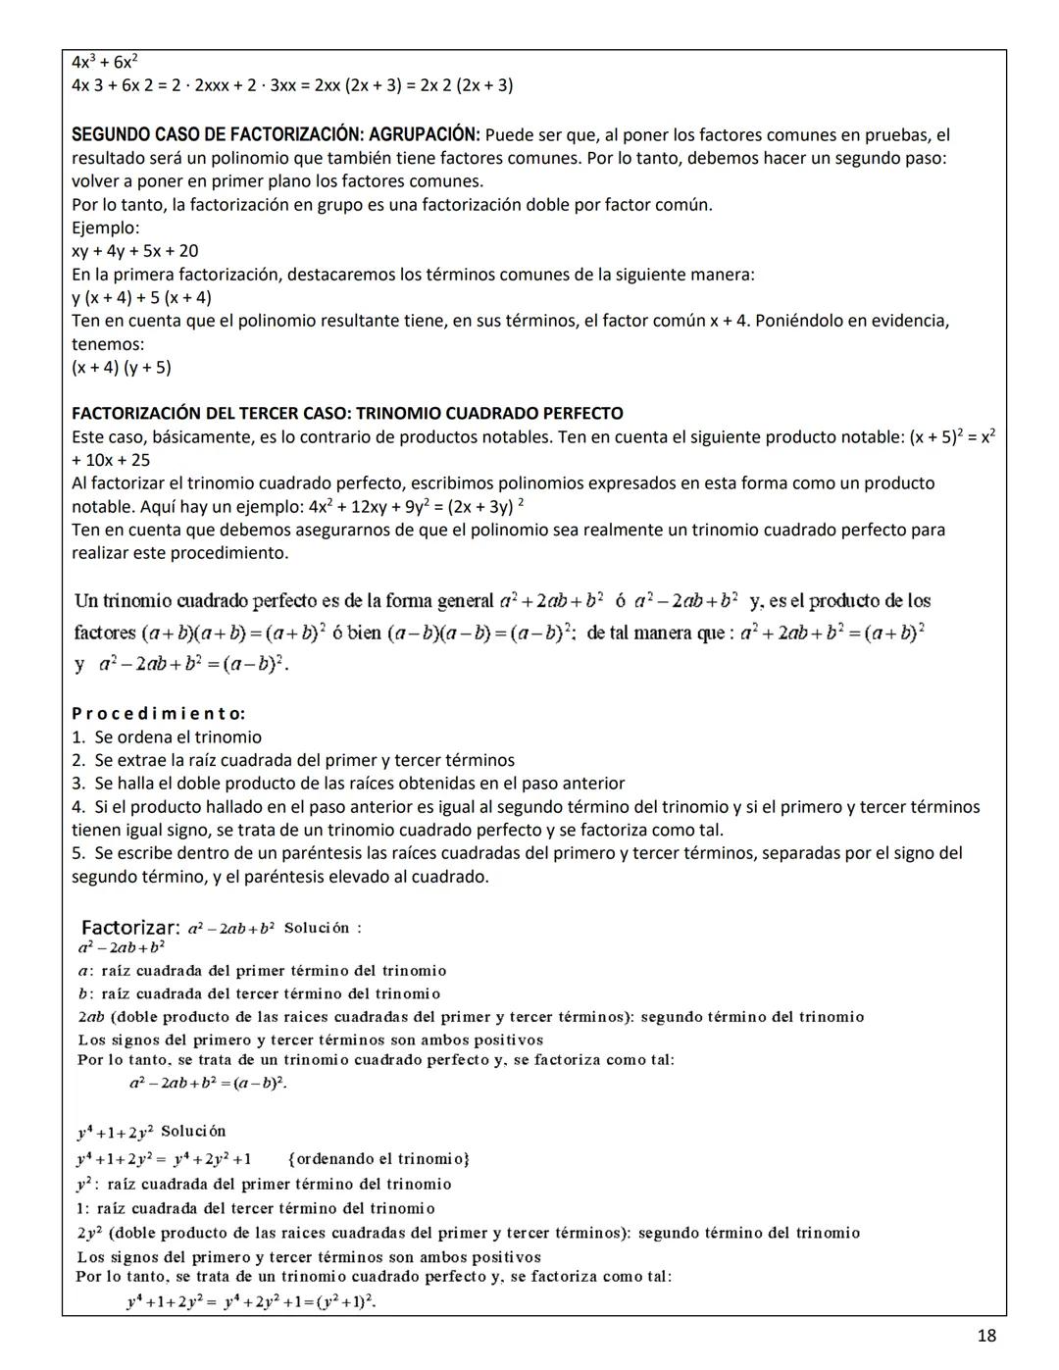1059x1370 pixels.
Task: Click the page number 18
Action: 986,1335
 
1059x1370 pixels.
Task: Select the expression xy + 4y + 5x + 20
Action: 134,251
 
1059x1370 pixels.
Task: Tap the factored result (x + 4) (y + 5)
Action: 121,368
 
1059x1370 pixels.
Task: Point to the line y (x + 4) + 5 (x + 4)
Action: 141,297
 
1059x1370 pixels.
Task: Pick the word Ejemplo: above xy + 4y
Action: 105,228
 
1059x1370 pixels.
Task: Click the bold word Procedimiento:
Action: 158,713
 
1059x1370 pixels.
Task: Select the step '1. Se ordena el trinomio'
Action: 167,736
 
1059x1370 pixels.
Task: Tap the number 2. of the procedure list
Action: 78,760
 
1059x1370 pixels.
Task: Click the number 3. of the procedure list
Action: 78,784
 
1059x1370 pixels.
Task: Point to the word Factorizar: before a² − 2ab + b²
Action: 129,927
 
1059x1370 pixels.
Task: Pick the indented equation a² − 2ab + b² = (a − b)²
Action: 208,1083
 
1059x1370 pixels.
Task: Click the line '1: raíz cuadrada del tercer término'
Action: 255,1208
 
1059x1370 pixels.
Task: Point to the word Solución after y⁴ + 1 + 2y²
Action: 193,1131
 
